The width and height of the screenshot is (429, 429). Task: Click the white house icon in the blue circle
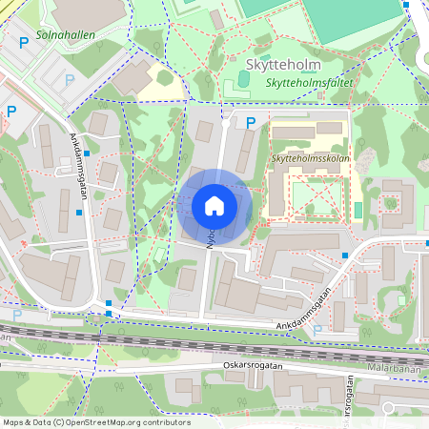pyautogui.click(x=214, y=205)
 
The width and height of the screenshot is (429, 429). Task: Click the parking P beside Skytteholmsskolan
pyautogui.click(x=251, y=121)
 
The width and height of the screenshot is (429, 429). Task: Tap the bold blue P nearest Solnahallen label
pyautogui.click(x=24, y=43)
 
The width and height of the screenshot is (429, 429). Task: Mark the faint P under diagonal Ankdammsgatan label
pyautogui.click(x=317, y=328)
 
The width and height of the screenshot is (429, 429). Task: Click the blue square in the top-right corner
pyautogui.click(x=406, y=5)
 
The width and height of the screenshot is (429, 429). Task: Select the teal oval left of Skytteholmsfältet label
pyautogui.click(x=228, y=91)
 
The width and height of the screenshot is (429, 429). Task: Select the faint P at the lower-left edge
pyautogui.click(x=16, y=314)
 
